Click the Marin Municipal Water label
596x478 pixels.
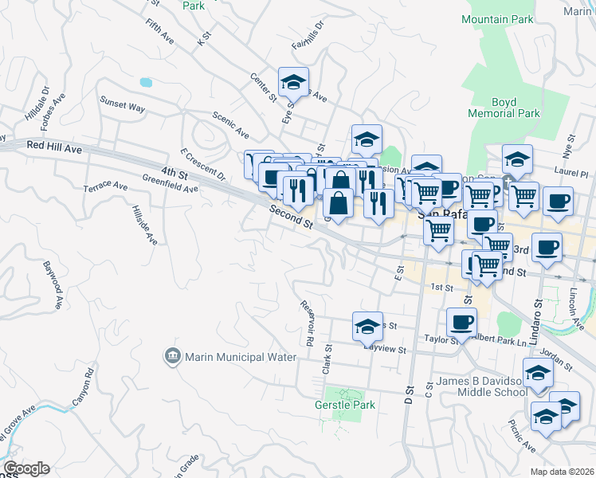point(229,357)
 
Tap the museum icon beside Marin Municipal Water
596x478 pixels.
point(171,356)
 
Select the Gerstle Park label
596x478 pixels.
point(344,405)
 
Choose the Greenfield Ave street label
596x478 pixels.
point(170,183)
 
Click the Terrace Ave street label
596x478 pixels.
point(105,186)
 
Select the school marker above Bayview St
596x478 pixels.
point(367,326)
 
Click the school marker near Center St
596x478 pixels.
point(293,81)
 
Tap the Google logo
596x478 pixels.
point(26,468)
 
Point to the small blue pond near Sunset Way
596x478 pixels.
point(145,82)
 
